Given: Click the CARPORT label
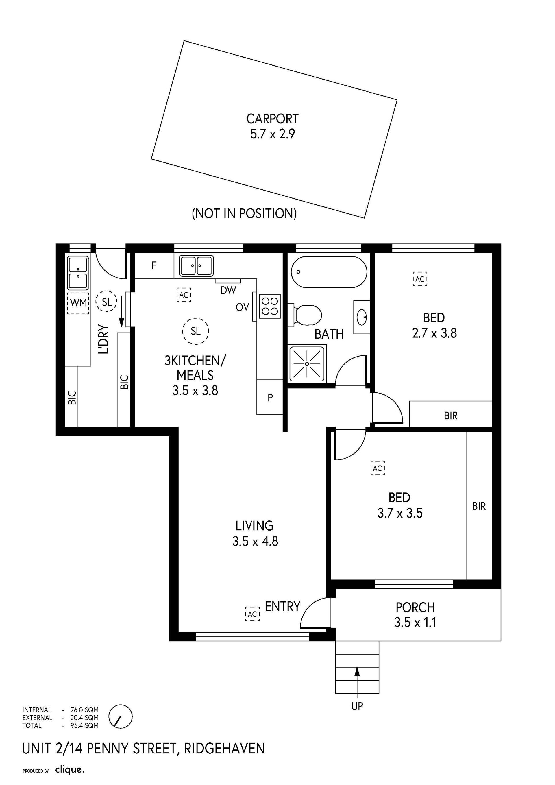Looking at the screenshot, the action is tap(272, 119).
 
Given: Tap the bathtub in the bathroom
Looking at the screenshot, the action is tap(329, 272).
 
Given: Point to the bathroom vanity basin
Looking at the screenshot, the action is tap(362, 317).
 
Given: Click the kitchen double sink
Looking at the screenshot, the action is tap(197, 266).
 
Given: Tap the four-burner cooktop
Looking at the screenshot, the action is tap(270, 306).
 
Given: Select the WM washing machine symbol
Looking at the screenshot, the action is tap(78, 303).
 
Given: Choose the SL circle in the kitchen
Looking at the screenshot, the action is tap(195, 331).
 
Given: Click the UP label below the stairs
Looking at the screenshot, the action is tap(357, 706).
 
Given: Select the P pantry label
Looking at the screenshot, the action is tap(270, 398).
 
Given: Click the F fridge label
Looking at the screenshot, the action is tap(154, 265).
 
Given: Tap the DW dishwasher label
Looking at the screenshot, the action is tap(228, 290).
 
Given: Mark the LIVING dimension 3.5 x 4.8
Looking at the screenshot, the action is tap(255, 541).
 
